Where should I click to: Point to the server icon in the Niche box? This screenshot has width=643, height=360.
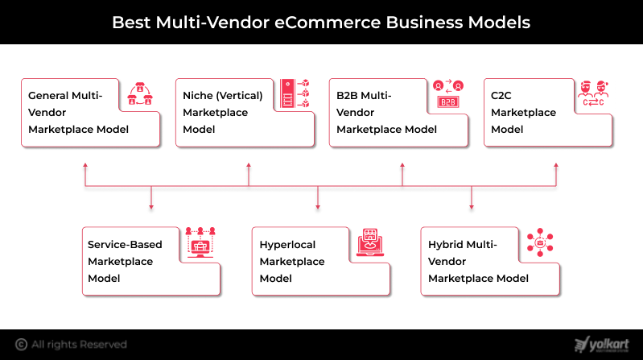click(x=294, y=94)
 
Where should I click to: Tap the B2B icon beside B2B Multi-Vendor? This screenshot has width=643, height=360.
click(x=447, y=94)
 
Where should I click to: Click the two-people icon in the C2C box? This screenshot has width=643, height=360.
click(x=595, y=94)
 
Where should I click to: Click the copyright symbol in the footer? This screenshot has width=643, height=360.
click(x=22, y=345)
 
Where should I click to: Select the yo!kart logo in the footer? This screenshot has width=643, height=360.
click(x=602, y=345)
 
